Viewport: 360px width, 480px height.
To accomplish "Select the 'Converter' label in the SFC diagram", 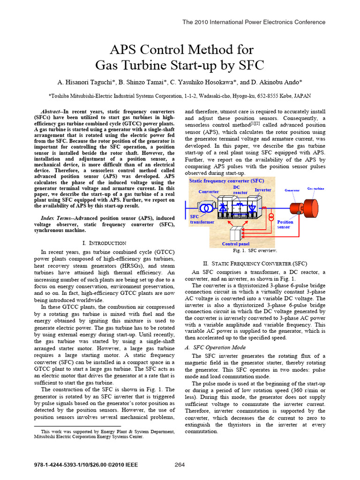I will tap(209, 192).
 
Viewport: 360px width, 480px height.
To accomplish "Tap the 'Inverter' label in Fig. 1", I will tap(263, 190).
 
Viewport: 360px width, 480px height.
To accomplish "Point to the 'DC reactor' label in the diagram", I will tap(240, 190).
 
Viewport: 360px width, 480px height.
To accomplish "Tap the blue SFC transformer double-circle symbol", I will tap(205, 207).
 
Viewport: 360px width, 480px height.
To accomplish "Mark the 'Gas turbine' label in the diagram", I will tap(315, 188).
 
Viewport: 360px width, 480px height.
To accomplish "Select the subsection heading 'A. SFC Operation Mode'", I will tap(212, 347).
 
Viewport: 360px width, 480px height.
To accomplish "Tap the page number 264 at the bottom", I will tap(180, 465).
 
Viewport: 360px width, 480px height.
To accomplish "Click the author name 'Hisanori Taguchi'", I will tap(92, 82).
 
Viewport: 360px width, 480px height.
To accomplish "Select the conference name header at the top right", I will tap(254, 22).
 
